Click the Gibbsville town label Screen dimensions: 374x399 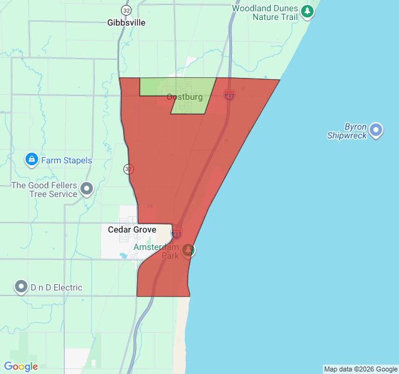click(x=126, y=22)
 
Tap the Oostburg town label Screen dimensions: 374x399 click(x=185, y=97)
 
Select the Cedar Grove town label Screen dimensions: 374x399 click(x=132, y=229)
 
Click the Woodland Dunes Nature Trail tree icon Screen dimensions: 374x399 click(x=307, y=11)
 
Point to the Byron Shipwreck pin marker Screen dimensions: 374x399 click(x=376, y=130)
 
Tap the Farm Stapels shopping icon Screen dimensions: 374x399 click(x=31, y=160)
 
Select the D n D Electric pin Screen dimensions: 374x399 click(x=22, y=287)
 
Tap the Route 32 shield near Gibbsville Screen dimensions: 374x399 click(x=127, y=10)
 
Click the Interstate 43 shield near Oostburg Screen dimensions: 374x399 click(x=229, y=95)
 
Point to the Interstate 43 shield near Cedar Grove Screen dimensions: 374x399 click(x=176, y=233)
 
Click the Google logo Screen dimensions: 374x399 click(x=21, y=367)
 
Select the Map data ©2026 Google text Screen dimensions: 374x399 click(x=360, y=369)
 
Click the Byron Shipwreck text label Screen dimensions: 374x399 click(x=347, y=131)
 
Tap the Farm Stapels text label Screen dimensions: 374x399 click(x=67, y=160)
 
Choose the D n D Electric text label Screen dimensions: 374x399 click(x=56, y=287)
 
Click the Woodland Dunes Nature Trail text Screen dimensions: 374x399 click(x=266, y=12)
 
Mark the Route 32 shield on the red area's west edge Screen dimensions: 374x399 click(x=129, y=168)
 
